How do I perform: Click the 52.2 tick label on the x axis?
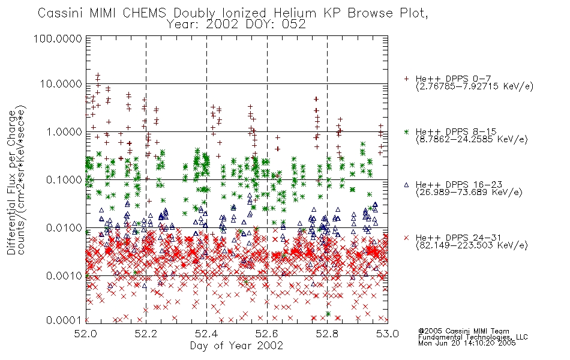[x=146, y=334]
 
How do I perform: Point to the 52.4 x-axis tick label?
[x=206, y=334]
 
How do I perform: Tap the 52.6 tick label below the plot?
[x=267, y=334]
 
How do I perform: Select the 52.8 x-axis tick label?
[x=327, y=334]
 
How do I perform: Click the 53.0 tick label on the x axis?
[x=388, y=334]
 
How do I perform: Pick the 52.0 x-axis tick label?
[x=85, y=334]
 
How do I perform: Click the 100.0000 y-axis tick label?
[x=58, y=38]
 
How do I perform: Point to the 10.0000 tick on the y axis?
[x=61, y=84]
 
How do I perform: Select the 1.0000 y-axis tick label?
[x=64, y=131]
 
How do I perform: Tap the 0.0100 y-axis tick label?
[x=64, y=228]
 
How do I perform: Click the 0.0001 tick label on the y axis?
[x=64, y=320]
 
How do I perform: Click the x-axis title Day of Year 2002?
[x=236, y=346]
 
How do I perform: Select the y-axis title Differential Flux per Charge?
[x=12, y=182]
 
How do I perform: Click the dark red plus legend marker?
[x=406, y=79]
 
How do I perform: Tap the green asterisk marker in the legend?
[x=406, y=131]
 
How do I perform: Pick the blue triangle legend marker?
[x=406, y=185]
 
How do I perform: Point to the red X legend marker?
[x=406, y=238]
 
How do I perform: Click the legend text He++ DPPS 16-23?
[x=459, y=184]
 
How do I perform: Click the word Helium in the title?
[x=295, y=13]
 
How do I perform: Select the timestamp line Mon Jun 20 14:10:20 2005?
[x=467, y=343]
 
